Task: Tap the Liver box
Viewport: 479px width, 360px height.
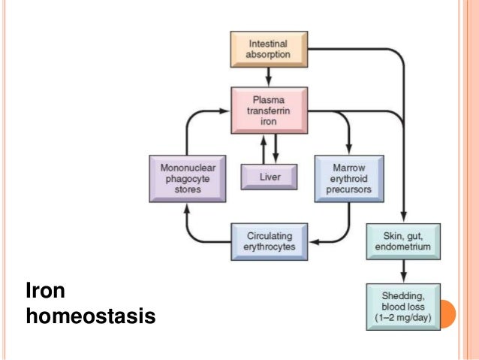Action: [x=268, y=177]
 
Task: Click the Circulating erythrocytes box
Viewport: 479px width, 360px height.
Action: [x=268, y=242]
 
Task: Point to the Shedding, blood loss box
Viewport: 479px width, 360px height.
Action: [x=402, y=304]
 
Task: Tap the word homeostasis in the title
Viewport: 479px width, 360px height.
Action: [x=90, y=317]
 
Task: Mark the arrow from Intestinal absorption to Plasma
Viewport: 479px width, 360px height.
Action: [x=268, y=75]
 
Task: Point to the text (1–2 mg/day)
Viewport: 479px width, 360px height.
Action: [x=402, y=317]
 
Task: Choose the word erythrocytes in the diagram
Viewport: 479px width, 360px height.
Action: [x=268, y=248]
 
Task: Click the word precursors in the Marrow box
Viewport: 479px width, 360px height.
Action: [x=348, y=189]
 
